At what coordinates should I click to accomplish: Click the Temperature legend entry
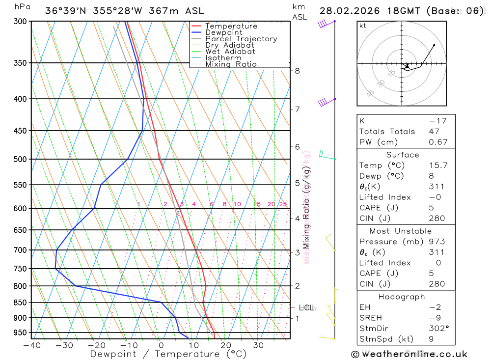point(231,26)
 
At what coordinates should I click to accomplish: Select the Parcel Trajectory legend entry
point(241,39)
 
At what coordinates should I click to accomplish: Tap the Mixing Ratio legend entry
point(231,64)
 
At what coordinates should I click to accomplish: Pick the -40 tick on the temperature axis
point(32,345)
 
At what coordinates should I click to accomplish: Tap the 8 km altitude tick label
point(297,71)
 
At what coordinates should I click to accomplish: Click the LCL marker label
point(306,308)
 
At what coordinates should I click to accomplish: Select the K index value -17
point(435,121)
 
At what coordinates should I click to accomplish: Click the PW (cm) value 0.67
point(438,142)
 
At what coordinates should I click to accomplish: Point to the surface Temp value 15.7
point(438,166)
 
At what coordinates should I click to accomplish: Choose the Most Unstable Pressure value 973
point(436,242)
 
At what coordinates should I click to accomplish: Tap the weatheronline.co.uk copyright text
point(409,354)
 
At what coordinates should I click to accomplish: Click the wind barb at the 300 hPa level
point(324,23)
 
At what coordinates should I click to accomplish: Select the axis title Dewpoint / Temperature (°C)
point(168,354)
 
